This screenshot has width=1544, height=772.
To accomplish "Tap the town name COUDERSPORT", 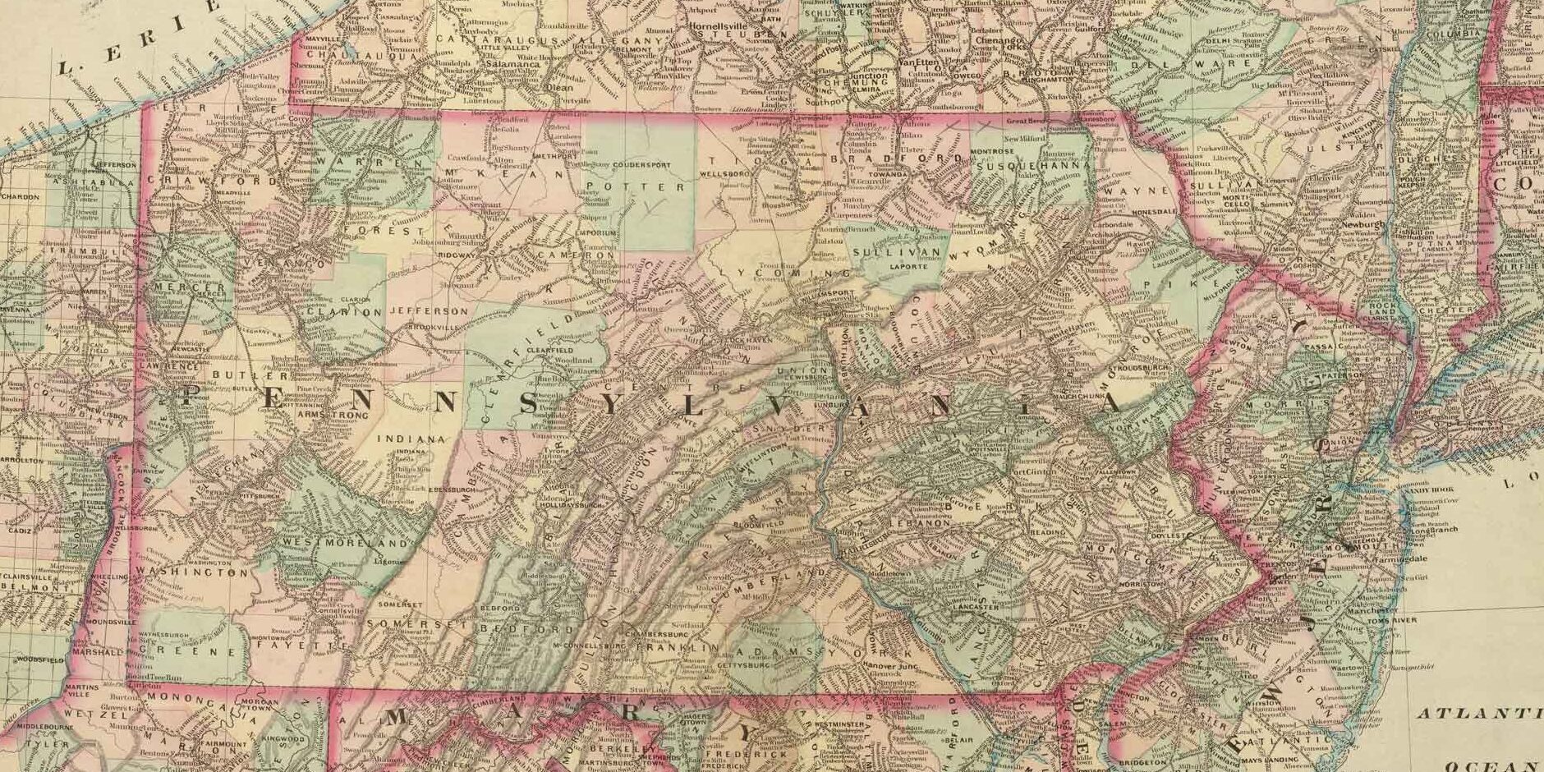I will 641,164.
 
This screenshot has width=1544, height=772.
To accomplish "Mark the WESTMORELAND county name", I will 345,544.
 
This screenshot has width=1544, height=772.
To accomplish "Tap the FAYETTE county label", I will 295,646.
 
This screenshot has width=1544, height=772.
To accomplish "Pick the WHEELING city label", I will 113,577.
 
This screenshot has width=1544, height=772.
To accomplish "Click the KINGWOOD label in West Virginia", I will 283,738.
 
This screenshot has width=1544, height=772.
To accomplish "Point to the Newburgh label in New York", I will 1363,224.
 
